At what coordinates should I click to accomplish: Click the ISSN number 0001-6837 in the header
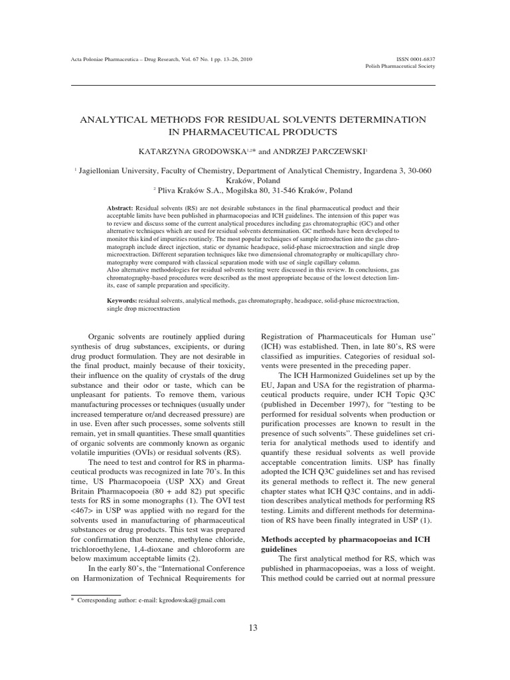(x=424, y=58)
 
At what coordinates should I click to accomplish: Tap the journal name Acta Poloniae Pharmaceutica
(x=111, y=58)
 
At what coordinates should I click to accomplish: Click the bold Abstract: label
(x=120, y=208)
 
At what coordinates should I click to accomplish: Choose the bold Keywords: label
(x=124, y=301)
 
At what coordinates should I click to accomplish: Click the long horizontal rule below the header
(x=254, y=86)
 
